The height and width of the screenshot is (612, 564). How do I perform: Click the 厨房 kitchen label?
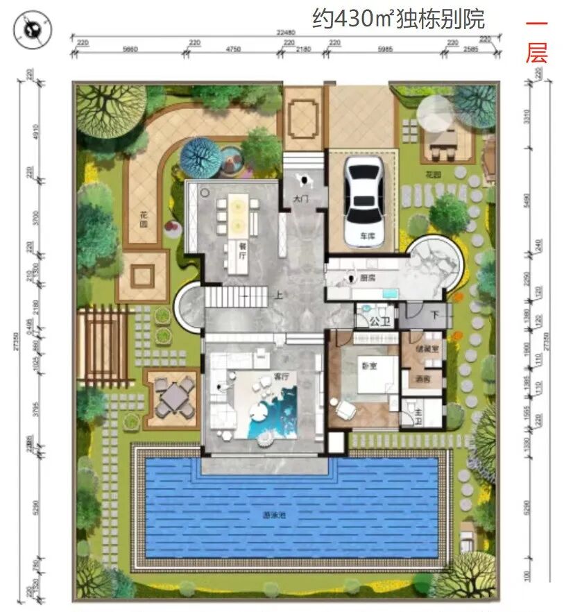pyautogui.click(x=368, y=278)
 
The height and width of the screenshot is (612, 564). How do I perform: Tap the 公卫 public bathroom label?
pyautogui.click(x=377, y=322)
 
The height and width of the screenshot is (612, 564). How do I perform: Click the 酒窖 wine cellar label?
pyautogui.click(x=423, y=380)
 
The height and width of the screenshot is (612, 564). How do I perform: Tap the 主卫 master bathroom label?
pyautogui.click(x=418, y=412)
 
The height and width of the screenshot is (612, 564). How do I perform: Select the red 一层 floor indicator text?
pyautogui.click(x=536, y=40)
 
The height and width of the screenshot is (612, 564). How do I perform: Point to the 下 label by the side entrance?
pyautogui.click(x=435, y=314)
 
